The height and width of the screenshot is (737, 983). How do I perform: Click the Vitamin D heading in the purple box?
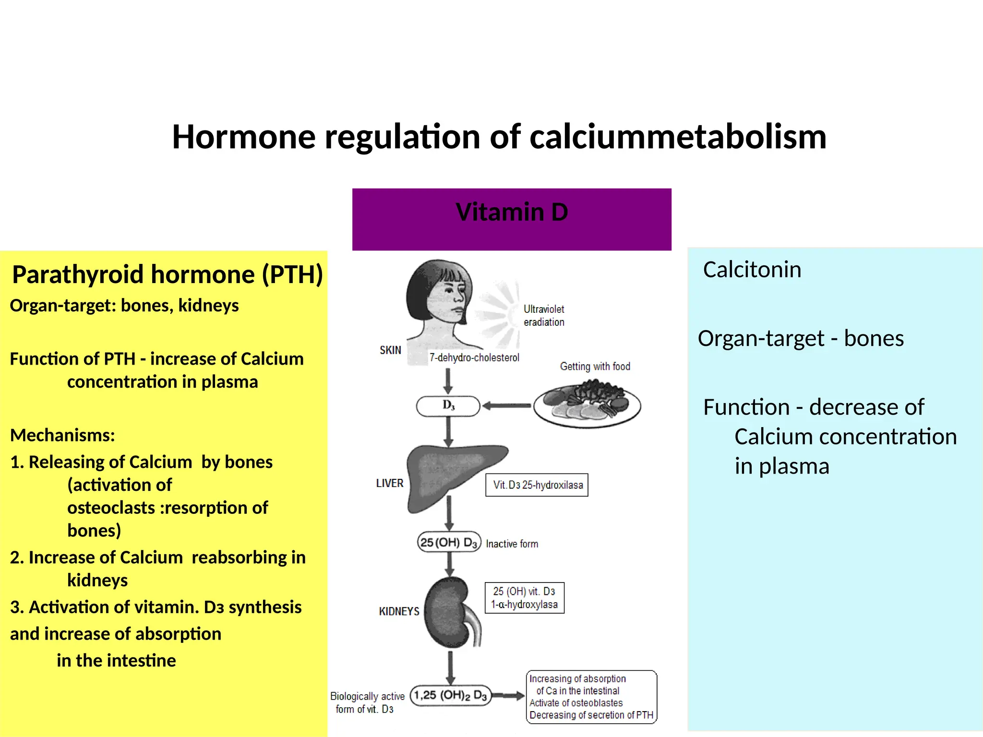point(512,212)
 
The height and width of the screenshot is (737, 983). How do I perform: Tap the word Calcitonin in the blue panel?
point(752,270)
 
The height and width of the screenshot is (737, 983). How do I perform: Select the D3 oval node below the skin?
point(448,406)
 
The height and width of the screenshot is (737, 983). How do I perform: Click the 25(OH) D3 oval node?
point(449,543)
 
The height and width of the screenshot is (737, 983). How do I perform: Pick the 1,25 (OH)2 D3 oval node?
point(451,695)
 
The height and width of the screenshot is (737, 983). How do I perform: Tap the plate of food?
point(587,403)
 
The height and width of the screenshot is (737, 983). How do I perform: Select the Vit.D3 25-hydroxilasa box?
point(537,485)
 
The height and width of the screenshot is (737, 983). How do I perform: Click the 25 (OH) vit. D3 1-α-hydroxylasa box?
point(525,598)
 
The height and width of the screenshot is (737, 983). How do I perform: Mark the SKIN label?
point(390,350)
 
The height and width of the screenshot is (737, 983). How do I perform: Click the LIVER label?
point(390,483)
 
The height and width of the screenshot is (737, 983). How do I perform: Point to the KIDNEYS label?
point(399,611)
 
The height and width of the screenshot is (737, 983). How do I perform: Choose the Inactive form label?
point(512,544)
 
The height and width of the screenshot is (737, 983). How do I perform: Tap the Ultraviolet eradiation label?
point(544,316)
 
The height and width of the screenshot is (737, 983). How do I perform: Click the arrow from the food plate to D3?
point(506,406)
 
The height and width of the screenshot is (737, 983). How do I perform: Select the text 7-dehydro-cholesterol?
point(474,358)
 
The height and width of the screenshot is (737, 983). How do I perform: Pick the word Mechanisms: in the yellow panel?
point(63,435)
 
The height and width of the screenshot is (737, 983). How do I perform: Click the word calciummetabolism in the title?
point(678,137)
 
